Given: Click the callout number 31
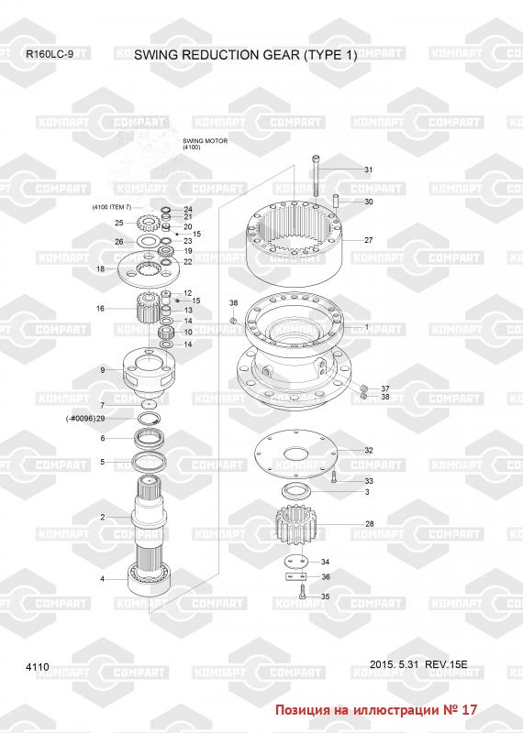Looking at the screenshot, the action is coord(369,170).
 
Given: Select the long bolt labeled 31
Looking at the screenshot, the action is coord(316,176).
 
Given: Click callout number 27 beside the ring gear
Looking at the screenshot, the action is coord(369,240).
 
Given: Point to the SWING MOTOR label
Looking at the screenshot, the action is coord(205,141).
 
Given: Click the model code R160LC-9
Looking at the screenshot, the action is coord(50,54).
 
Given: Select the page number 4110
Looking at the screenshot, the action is coord(38,667).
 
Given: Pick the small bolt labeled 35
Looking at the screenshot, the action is coord(302,592).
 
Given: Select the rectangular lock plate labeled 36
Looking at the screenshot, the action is coord(295,577).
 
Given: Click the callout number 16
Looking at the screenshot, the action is coord(100,309).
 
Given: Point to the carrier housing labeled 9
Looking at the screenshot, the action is coord(149,373).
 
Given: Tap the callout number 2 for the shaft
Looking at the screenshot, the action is coord(103,517).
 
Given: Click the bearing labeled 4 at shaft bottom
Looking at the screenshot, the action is coord(149,581).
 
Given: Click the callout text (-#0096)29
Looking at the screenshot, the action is coord(85,419).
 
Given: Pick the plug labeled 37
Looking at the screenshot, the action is coord(362,388).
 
